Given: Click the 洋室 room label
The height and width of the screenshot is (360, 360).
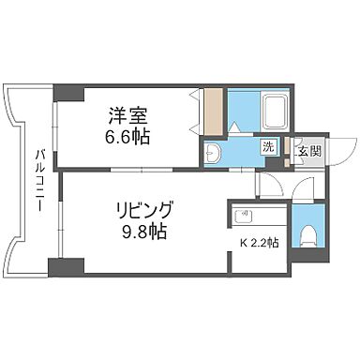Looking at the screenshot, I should coord(128,116).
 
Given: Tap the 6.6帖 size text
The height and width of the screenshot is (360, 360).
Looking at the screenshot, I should coord(128,135).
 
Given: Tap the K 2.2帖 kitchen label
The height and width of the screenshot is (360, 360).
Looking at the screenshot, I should coord(258,243).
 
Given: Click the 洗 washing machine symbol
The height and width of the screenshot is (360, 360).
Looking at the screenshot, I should coord(269,146).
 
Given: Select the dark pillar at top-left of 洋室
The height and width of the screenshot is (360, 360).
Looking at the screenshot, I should coord(67,93).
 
